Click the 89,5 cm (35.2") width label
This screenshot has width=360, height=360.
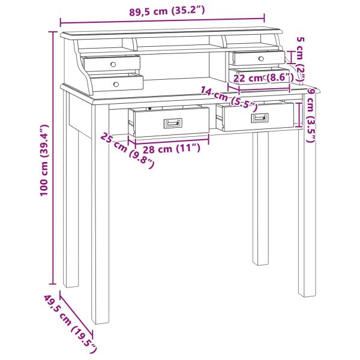pyautogui.click(x=167, y=11)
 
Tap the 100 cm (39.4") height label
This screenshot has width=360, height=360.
pyautogui.click(x=44, y=160)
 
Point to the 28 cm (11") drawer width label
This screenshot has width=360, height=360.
pyautogui.click(x=172, y=149)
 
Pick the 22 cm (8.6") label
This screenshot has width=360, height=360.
pyautogui.click(x=263, y=78)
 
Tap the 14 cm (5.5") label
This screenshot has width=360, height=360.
pyautogui.click(x=229, y=97)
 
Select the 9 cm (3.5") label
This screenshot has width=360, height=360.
pyautogui.click(x=311, y=115)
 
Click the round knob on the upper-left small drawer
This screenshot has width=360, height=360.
pyautogui.click(x=113, y=64)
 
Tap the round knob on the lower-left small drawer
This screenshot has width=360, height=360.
pyautogui.click(x=116, y=84)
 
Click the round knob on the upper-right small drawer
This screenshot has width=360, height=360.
pyautogui.click(x=261, y=59)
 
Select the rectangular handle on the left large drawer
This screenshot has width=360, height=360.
pyautogui.click(x=173, y=123)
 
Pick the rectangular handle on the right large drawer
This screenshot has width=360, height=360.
pyautogui.click(x=260, y=118)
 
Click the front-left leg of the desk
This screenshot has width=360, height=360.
pyautogui.click(x=100, y=214)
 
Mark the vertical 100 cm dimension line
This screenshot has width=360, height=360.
pyautogui.click(x=53, y=158)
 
